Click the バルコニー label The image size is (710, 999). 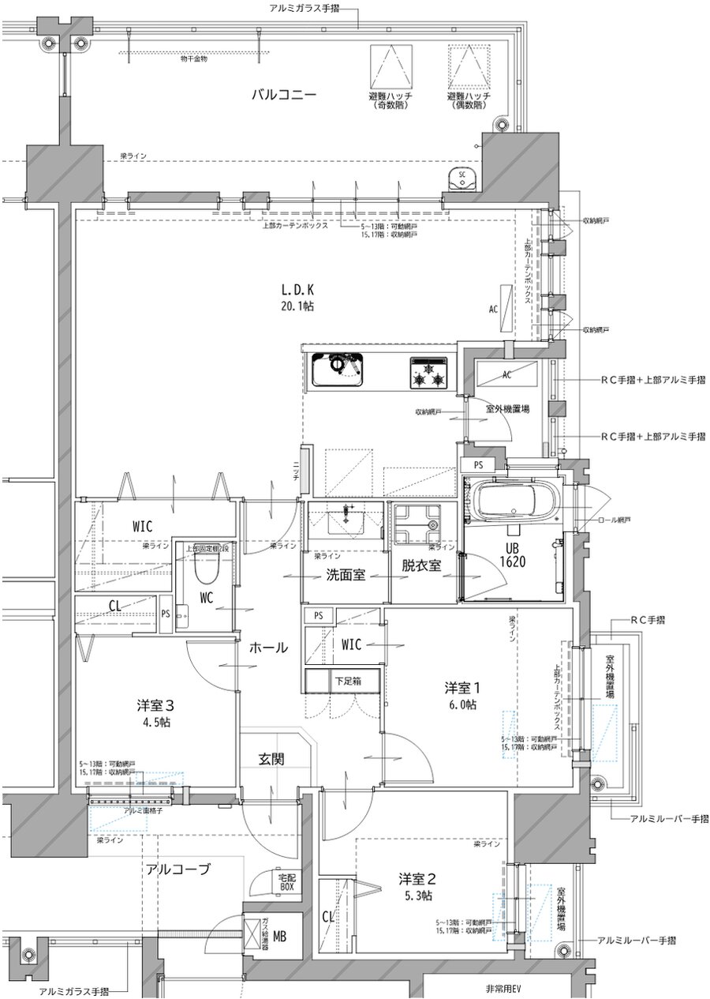click(284, 94)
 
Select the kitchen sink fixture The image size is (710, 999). click(337, 369)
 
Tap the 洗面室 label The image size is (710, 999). click(345, 575)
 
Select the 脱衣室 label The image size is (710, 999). click(420, 565)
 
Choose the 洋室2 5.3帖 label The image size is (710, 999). click(415, 886)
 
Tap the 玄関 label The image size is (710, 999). click(271, 759)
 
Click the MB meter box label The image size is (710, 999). click(279, 937)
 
